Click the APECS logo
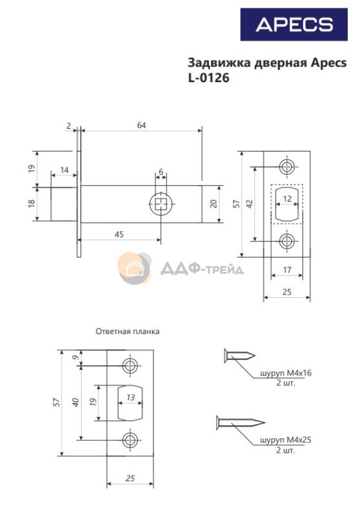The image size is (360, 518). point(293,25)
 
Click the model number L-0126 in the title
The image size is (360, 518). point(208,78)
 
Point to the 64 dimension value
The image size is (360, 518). point(141,125)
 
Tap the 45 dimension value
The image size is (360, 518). point(119,234)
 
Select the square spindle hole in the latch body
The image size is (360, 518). point(161,204)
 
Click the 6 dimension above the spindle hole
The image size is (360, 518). point(161,172)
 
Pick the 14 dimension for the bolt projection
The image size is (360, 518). point(64,170)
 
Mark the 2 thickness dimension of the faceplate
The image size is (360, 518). point(69,126)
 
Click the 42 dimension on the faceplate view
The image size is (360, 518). point(250,204)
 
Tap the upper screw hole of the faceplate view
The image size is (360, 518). point(287,166)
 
